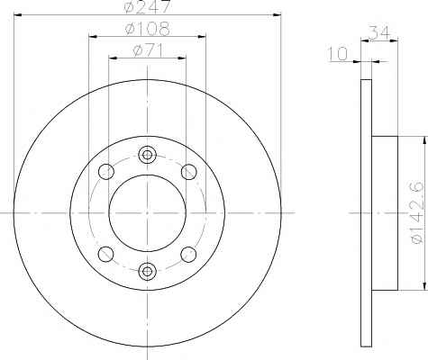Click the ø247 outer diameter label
(x=147, y=6)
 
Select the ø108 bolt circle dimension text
(x=147, y=29)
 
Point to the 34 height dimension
(x=379, y=32)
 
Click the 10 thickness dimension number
(x=338, y=54)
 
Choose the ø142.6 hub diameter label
(x=416, y=213)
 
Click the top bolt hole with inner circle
(x=147, y=155)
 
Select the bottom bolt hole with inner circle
(x=147, y=272)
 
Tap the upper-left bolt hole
(x=106, y=172)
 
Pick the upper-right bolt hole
(x=189, y=172)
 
